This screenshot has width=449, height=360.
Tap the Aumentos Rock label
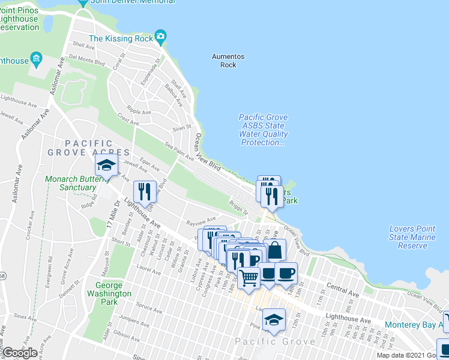point(228,61)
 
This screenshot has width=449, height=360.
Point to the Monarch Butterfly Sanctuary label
point(71,183)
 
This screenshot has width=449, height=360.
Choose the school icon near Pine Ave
point(274,319)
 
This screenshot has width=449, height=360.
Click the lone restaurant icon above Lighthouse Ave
point(144,191)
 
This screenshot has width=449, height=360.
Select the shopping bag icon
point(274,250)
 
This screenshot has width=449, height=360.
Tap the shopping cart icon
point(249,277)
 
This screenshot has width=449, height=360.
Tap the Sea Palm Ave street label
point(179,151)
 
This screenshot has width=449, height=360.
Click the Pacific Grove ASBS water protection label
point(263,130)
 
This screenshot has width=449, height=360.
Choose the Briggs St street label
point(238,208)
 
